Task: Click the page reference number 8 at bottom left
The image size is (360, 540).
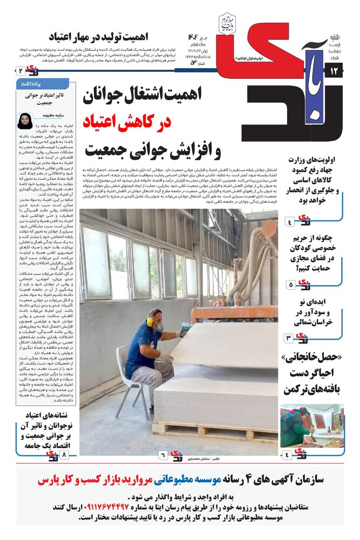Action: (64, 456)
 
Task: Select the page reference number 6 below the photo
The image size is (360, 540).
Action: (161, 456)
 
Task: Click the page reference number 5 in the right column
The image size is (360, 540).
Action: (290, 284)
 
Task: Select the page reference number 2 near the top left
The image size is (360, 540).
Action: (21, 71)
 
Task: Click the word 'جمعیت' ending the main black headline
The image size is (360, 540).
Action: (106, 151)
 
